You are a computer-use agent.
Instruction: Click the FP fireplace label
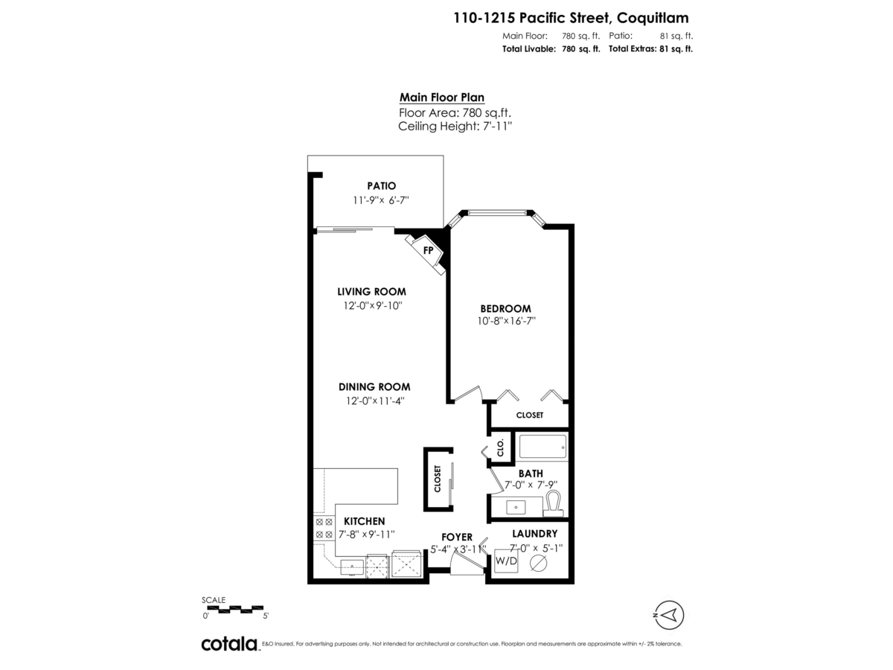(x=428, y=250)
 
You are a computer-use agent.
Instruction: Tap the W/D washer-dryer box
(x=506, y=561)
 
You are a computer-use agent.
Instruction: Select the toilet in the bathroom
(x=554, y=503)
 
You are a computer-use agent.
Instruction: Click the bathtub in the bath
(x=542, y=447)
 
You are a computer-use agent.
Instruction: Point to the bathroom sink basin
(x=516, y=508)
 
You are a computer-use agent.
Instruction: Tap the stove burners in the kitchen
(x=324, y=528)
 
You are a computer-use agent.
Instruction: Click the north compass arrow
(x=670, y=615)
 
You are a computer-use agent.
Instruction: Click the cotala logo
(x=230, y=644)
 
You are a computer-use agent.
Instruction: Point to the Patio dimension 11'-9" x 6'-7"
(x=381, y=200)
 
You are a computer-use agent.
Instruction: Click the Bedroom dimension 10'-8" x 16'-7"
(x=507, y=321)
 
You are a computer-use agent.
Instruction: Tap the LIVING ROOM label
(x=371, y=292)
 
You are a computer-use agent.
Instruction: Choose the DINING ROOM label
(x=374, y=387)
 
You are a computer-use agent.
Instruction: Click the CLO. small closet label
(x=500, y=447)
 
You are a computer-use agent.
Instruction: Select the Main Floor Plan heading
(x=442, y=98)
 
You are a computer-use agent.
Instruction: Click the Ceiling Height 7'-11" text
(x=455, y=126)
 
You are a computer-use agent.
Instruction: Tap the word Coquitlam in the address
(x=653, y=19)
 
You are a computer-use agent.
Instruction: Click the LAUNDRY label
(x=534, y=534)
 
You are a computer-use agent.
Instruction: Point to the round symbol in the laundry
(x=539, y=563)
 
